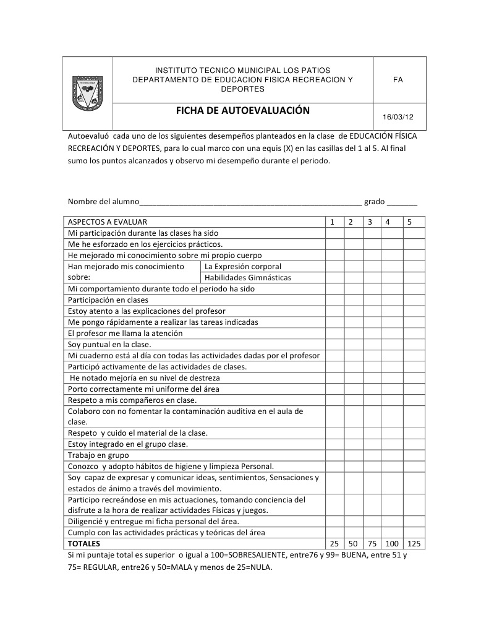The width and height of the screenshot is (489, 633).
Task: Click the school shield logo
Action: point(87,93)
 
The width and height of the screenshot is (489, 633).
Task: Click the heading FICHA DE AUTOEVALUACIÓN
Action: point(242,111)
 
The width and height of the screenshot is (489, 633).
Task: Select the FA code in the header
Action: point(399,80)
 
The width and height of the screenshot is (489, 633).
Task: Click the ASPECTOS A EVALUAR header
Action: point(108,222)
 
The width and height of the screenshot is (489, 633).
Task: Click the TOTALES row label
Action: point(84,544)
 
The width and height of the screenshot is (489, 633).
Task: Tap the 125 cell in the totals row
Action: point(414,544)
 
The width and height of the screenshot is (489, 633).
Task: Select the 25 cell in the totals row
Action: point(334,544)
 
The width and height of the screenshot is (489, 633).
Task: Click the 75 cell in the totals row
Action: point(371,544)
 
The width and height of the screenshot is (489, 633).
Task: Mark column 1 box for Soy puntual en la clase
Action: point(334,345)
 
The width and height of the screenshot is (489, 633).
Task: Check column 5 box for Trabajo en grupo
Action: point(414,455)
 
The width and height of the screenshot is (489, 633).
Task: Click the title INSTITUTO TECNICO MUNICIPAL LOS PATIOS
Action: point(242,71)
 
